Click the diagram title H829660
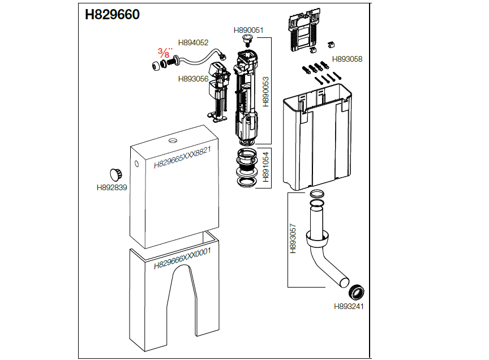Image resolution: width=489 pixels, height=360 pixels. click(112, 14)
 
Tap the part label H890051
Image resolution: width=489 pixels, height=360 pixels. click(248, 30)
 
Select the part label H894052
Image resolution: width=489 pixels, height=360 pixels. click(193, 43)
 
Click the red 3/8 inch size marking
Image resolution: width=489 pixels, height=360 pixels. click(165, 53)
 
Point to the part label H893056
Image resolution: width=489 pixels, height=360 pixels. click(193, 79)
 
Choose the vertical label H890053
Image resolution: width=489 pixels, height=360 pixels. click(265, 92)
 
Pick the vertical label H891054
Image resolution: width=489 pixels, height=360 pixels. click(265, 167)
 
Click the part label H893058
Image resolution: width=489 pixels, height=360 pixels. click(347, 59)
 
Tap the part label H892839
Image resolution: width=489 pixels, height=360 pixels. click(111, 187)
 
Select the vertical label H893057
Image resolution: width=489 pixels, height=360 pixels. click(293, 238)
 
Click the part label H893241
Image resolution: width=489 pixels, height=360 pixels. click(349, 306)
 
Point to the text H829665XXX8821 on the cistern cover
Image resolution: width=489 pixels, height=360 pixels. click(182, 157)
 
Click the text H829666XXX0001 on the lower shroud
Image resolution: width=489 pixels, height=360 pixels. click(182, 258)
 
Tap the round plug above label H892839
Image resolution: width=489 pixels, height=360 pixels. click(115, 175)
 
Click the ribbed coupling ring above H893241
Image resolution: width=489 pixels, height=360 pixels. click(356, 292)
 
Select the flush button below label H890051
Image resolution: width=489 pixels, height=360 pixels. click(248, 40)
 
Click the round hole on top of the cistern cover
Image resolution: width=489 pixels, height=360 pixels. click(173, 141)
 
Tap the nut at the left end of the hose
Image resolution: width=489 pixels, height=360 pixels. click(156, 66)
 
